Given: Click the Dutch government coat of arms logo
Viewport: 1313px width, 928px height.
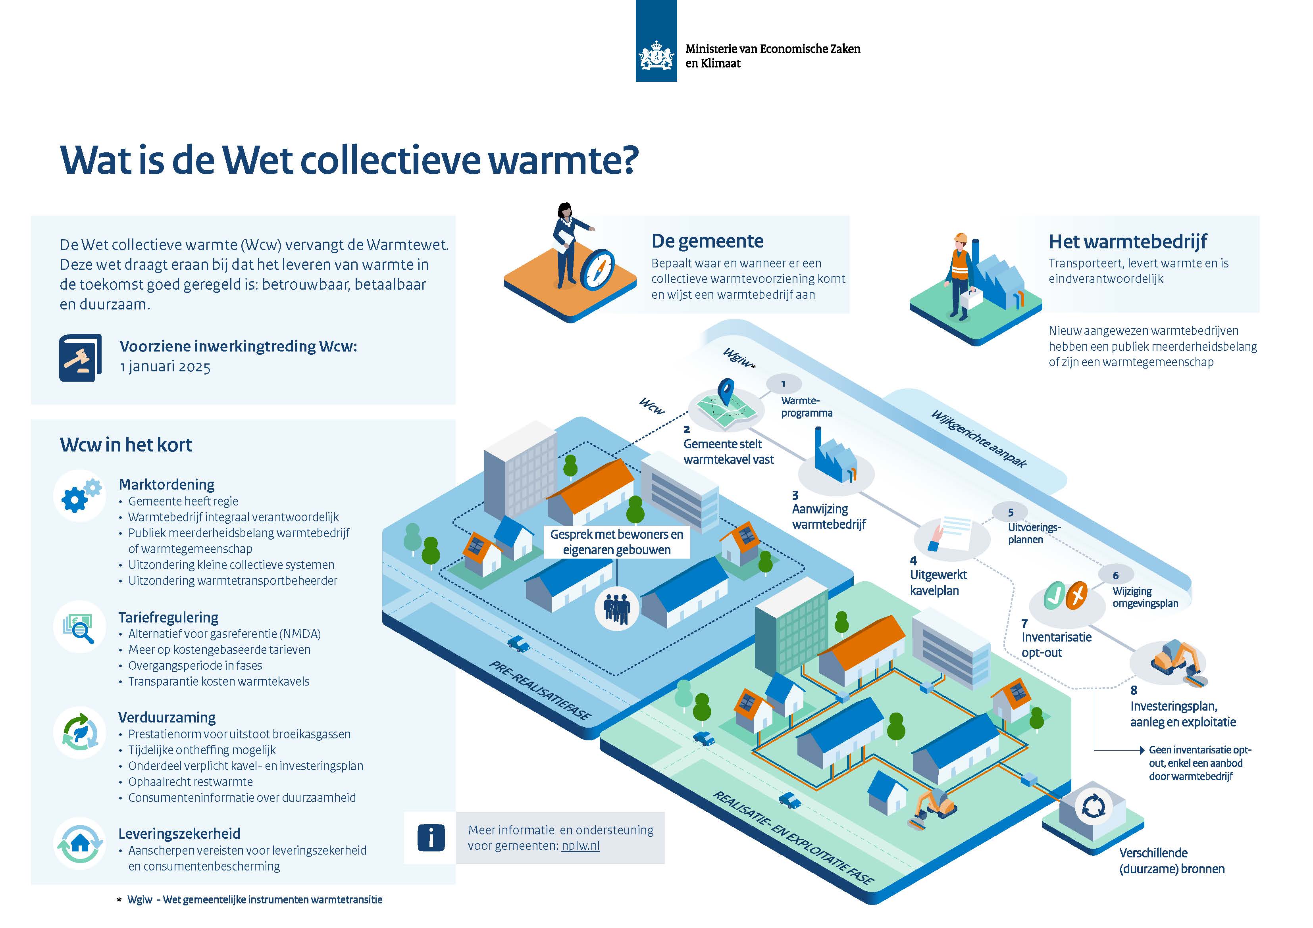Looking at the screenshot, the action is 656,56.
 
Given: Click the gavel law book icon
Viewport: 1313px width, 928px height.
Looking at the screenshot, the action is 80,357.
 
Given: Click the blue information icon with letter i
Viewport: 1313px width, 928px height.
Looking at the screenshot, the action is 431,838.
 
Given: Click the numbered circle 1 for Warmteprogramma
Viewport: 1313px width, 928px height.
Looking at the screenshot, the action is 784,384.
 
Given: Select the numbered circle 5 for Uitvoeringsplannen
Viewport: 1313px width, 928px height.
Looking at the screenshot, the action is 1011,512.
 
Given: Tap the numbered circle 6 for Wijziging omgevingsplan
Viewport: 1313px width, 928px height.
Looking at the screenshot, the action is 1115,575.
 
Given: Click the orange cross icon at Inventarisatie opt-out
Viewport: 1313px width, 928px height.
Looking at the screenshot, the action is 1077,596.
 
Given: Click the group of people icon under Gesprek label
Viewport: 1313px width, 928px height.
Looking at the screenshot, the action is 617,609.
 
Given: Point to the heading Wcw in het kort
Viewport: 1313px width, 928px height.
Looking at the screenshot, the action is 126,445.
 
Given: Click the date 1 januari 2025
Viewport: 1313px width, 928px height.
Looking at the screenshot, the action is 165,367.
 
